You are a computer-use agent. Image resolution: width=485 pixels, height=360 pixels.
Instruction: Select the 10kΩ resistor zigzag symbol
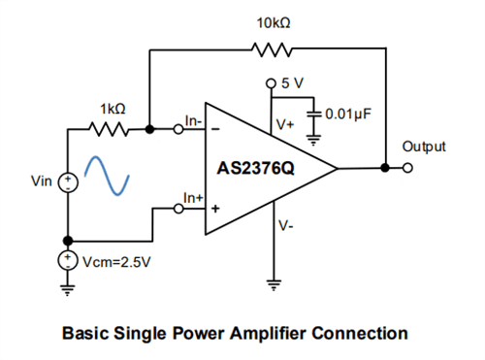[x=268, y=49]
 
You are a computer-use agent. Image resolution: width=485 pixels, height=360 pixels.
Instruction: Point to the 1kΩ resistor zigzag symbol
[x=107, y=127]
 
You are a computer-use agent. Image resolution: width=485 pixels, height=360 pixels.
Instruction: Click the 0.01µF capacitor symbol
[x=313, y=114]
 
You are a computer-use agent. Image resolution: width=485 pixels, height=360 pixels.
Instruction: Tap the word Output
[x=424, y=147]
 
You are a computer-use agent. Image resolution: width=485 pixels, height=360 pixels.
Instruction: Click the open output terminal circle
[x=410, y=168]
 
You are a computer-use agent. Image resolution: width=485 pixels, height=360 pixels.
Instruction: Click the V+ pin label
[x=285, y=124]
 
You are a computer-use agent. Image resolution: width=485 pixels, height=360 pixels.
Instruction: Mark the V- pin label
[x=285, y=225]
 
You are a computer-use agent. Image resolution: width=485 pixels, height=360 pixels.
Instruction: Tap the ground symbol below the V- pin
[x=274, y=285]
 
